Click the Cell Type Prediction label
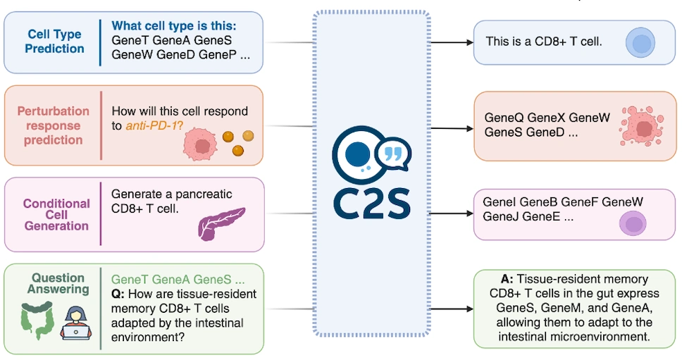[x=55, y=42]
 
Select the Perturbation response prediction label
[x=54, y=125]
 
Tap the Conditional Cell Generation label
[x=56, y=214]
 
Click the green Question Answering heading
[x=58, y=283]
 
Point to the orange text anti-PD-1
[x=153, y=126]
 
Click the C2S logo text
[x=371, y=199]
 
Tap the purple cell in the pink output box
[x=632, y=224]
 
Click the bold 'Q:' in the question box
[x=119, y=293]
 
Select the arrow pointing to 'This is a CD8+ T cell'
[x=451, y=42]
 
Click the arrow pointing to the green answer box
[x=451, y=309]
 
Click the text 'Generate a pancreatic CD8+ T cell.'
[x=172, y=201]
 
